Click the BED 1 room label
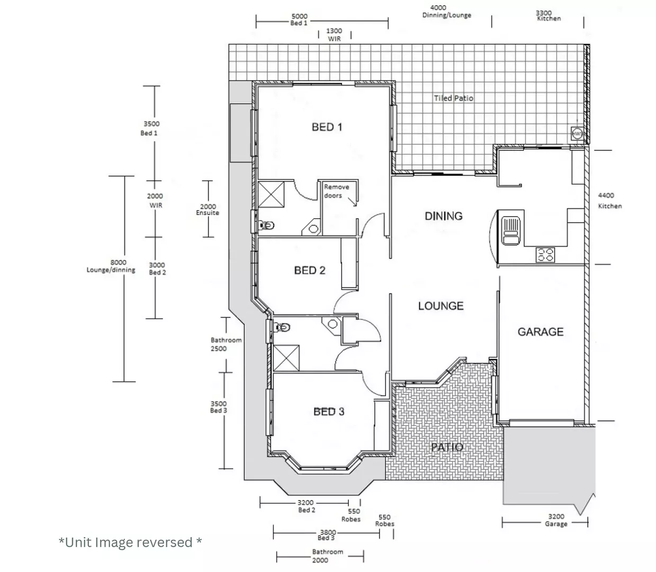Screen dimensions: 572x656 (327, 127)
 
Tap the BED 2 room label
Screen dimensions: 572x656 (310, 271)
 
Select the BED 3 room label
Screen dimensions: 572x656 (329, 412)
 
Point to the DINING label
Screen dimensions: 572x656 (444, 216)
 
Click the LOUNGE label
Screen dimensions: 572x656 (441, 306)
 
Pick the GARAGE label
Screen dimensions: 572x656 (540, 332)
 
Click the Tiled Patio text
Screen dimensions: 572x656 (453, 98)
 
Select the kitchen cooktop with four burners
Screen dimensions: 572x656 (545, 255)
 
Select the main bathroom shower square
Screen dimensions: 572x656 (286, 358)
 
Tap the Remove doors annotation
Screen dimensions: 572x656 (337, 191)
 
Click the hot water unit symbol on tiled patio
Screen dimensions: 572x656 (577, 134)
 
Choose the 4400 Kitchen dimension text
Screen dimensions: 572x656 (609, 201)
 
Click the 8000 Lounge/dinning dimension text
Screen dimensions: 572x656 (111, 266)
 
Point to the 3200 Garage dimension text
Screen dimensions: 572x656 (556, 520)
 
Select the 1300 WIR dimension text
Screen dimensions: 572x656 (334, 35)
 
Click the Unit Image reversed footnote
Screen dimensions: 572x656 (130, 542)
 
